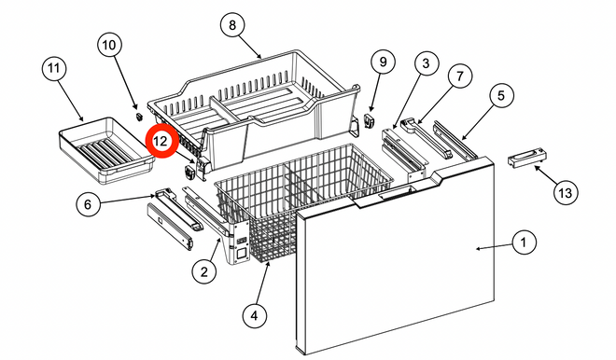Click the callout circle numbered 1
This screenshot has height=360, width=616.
[x=524, y=242]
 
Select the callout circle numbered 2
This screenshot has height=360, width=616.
[x=203, y=271]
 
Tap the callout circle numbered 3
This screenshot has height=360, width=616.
[x=426, y=62]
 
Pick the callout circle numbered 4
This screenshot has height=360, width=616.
[x=255, y=315]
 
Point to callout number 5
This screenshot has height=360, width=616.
[x=501, y=95]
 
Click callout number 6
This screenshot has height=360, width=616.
[x=87, y=203]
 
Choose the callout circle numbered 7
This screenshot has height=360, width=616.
[x=459, y=76]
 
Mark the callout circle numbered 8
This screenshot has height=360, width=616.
[x=232, y=25]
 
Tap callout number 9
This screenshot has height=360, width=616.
[x=383, y=62]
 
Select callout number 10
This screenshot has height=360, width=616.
[x=109, y=45]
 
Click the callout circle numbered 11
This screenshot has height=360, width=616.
[x=54, y=68]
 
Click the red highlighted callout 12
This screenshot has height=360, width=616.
[x=161, y=142]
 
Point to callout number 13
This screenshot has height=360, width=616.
[x=566, y=193]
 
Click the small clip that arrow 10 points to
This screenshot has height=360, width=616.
[x=138, y=117]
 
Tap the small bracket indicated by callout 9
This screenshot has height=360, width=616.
[x=369, y=120]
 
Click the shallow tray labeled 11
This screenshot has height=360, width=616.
[x=106, y=150]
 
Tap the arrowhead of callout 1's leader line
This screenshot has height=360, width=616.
[x=478, y=248]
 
